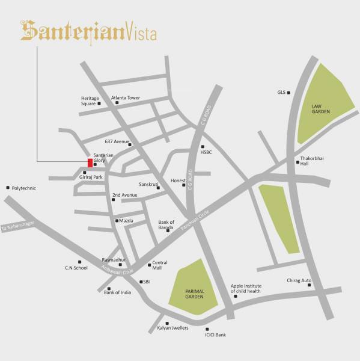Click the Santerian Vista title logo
[89, 31]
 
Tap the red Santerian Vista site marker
[90, 162]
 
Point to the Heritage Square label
[88, 100]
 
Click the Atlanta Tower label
[125, 97]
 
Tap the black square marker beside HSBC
[203, 147]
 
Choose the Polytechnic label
[24, 188]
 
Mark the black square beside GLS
[288, 93]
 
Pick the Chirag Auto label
[298, 281]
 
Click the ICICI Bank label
[215, 335]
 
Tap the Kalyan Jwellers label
[172, 328]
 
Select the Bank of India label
[117, 292]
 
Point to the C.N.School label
[77, 268]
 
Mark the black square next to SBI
[140, 282]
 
